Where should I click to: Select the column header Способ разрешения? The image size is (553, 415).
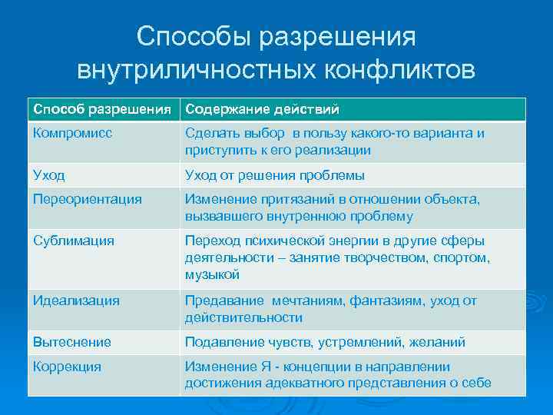[103, 109]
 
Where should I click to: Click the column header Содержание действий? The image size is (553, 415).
[262, 109]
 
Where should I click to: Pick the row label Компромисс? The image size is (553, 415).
[72, 133]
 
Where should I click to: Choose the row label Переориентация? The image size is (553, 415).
[88, 199]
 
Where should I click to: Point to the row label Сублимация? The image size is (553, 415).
[74, 241]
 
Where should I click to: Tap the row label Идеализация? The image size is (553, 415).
[76, 300]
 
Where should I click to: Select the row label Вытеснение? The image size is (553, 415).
[72, 342]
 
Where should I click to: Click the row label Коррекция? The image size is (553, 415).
[67, 367]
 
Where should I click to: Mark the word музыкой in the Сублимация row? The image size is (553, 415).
[213, 274]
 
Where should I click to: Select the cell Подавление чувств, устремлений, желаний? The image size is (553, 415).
[325, 342]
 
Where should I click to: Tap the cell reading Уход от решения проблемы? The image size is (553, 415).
[274, 174]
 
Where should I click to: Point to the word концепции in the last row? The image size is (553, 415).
[330, 367]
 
